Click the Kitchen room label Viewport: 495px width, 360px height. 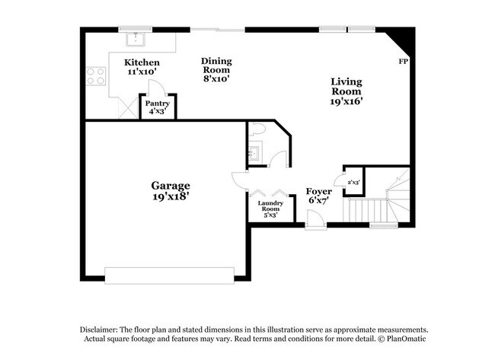[x=142, y=62]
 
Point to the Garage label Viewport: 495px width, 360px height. [x=170, y=185]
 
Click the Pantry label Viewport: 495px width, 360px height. [x=158, y=103]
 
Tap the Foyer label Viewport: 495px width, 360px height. [x=318, y=191]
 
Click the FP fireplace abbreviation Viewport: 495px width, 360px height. [x=402, y=62]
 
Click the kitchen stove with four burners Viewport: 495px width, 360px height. [x=96, y=75]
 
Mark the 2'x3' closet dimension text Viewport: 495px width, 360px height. [x=353, y=183]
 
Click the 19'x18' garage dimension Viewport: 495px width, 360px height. [x=170, y=196]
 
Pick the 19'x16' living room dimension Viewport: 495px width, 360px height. [x=346, y=101]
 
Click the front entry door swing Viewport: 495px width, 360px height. [x=315, y=220]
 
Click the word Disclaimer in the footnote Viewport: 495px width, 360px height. [x=102, y=329]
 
